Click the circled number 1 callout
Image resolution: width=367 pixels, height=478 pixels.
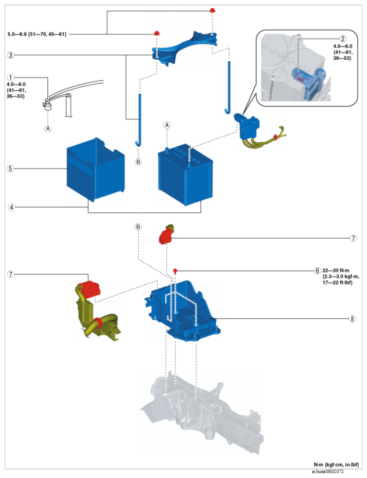click(x=11, y=77)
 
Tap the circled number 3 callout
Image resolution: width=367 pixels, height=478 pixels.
click(x=11, y=55)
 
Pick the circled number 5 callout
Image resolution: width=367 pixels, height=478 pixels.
click(x=11, y=169)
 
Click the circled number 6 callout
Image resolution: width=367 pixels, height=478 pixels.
click(x=317, y=270)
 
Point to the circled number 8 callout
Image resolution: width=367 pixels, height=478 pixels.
click(x=353, y=319)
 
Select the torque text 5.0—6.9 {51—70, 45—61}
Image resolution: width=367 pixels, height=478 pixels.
click(x=37, y=34)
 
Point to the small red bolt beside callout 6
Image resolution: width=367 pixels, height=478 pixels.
click(x=175, y=270)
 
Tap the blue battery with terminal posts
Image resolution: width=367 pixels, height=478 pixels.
click(x=186, y=175)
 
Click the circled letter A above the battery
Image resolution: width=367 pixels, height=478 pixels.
click(x=167, y=125)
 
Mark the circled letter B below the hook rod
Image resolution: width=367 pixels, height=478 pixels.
click(x=139, y=162)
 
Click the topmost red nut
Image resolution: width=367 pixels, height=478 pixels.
click(x=212, y=10)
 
